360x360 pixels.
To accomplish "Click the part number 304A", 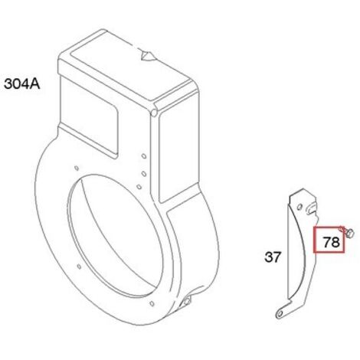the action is point(22,83).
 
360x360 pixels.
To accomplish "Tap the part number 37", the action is point(273,257).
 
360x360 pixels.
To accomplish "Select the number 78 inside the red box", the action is point(332,242).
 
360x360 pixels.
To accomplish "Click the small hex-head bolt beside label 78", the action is point(348,233).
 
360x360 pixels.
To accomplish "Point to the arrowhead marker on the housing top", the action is point(147,57).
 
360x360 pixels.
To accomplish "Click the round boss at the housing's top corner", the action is point(154,113).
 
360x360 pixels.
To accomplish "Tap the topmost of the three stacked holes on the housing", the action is point(144,155).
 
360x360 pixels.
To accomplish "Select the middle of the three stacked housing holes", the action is point(144,174).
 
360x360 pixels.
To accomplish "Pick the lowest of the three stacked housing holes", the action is point(139,187).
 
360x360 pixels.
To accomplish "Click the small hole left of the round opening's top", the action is point(76,168).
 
